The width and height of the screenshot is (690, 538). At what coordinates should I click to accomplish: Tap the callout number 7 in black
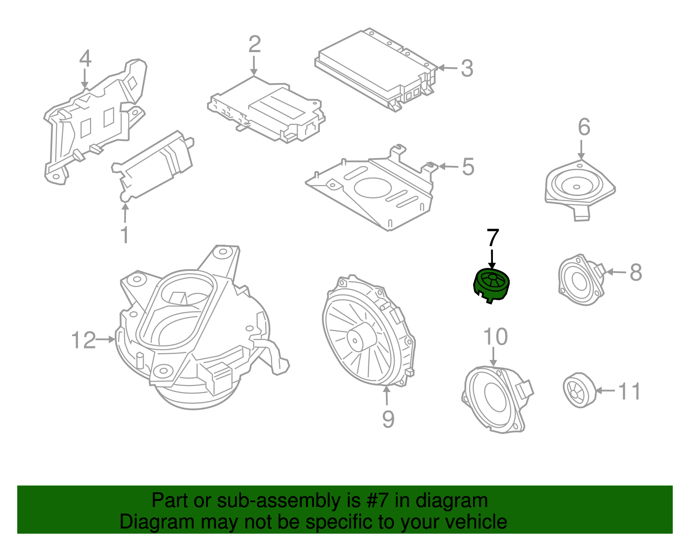(492, 238)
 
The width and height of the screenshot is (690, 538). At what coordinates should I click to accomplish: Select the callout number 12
(83, 340)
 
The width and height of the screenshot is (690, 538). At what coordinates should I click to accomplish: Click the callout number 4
(85, 59)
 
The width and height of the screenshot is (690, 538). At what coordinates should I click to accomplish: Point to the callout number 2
(254, 44)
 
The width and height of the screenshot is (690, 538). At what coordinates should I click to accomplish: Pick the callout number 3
(467, 68)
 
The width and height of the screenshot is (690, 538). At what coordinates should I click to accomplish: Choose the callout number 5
(468, 167)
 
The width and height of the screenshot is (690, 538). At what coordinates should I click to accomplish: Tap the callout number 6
(584, 127)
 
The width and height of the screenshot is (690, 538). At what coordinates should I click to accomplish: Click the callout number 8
(636, 272)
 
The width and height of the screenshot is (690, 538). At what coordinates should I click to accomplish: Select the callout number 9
(388, 419)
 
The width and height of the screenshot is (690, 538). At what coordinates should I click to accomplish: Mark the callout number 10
(495, 337)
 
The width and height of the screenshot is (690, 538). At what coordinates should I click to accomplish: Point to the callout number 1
(125, 235)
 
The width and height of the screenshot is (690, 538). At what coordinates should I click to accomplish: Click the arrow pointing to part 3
(448, 68)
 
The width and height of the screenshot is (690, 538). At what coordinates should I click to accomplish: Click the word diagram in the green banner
(452, 501)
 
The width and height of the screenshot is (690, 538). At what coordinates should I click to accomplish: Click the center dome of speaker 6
(577, 187)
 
